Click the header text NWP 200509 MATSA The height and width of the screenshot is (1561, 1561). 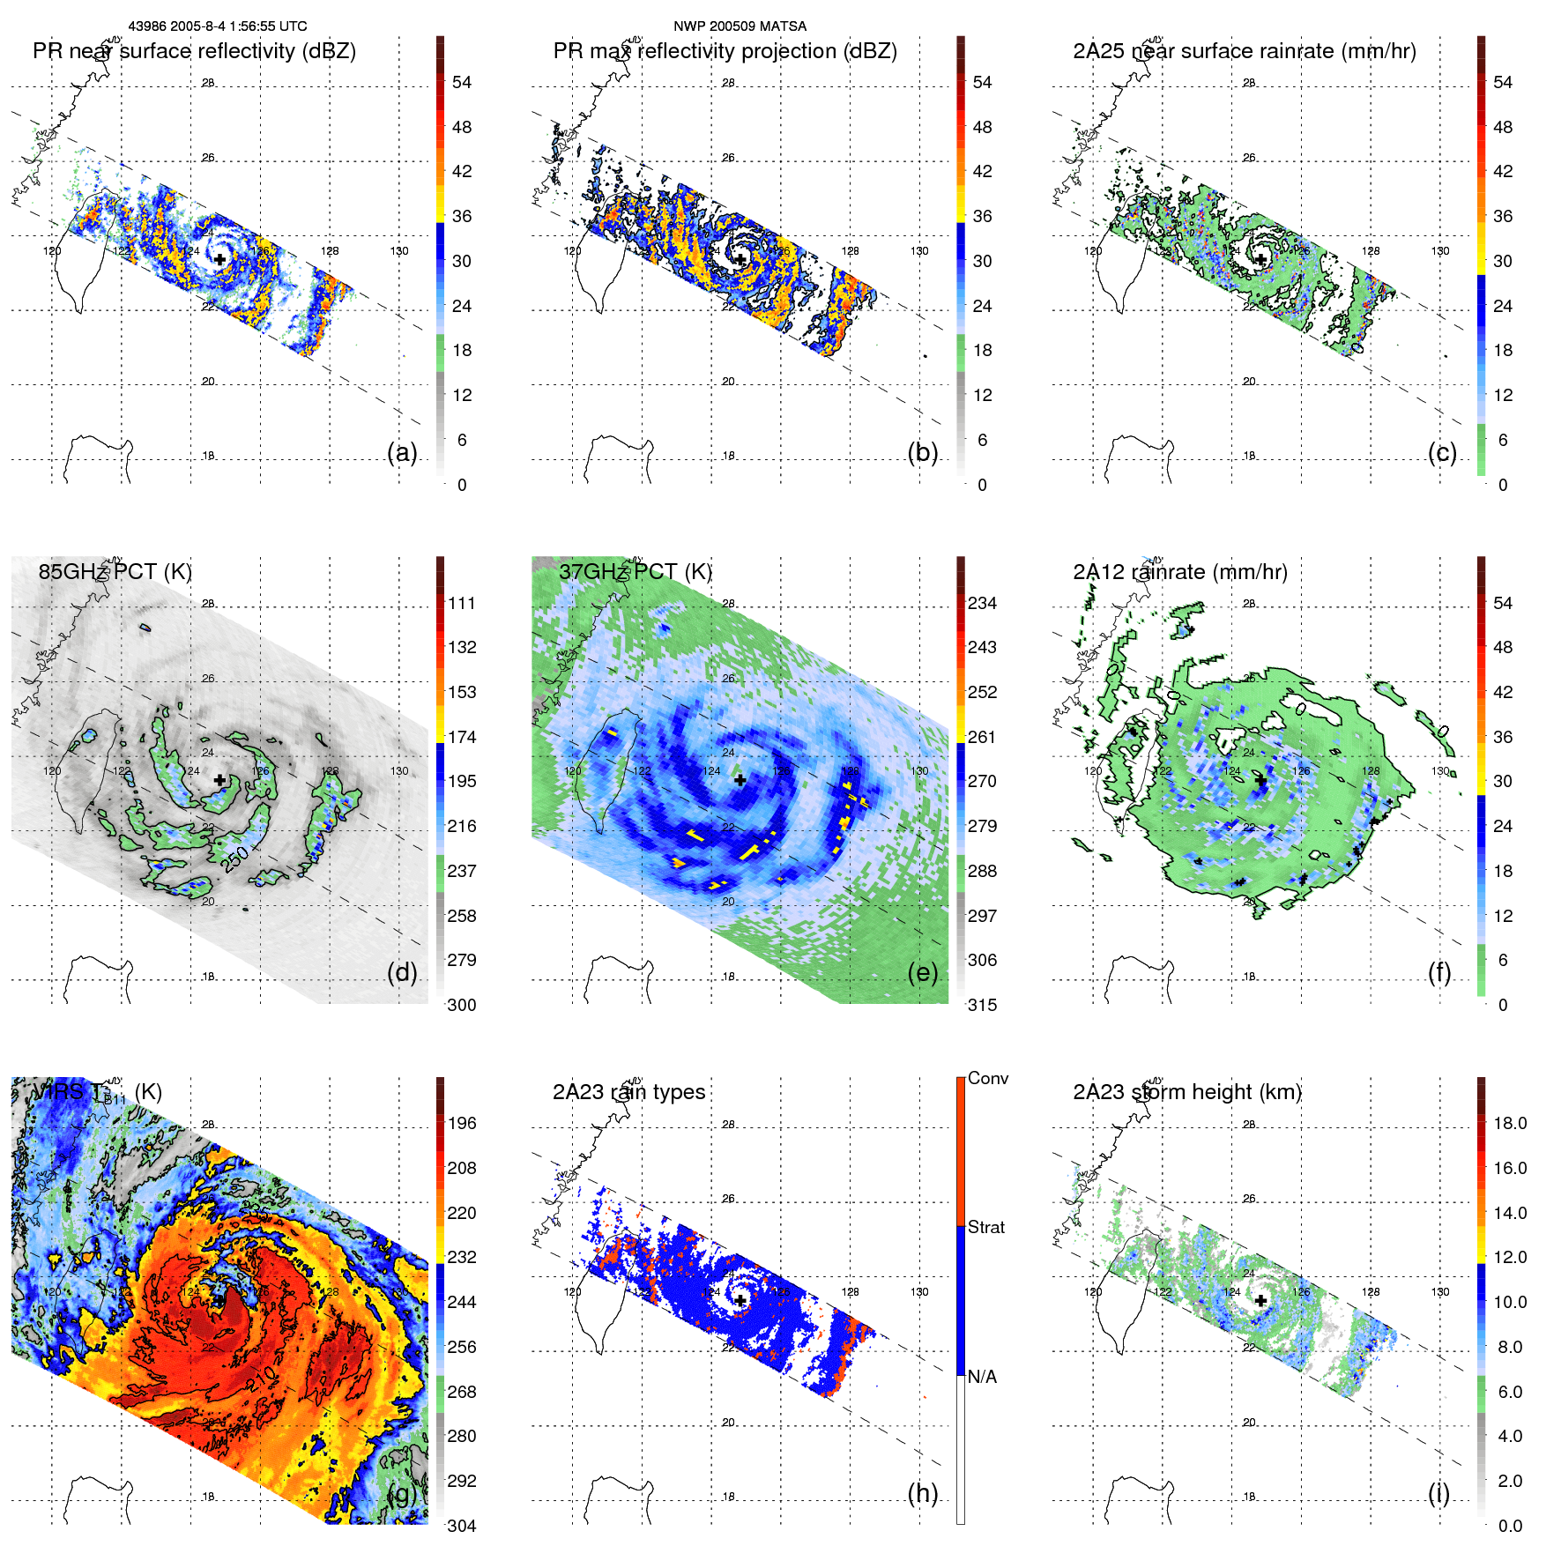pos(740,26)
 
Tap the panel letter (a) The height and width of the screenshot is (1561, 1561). pos(402,452)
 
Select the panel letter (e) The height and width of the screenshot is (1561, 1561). pos(922,972)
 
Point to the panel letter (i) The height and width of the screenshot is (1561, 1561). pos(1438,1493)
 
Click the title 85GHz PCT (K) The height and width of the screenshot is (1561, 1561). pos(115,571)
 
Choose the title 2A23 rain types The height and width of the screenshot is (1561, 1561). pos(628,1092)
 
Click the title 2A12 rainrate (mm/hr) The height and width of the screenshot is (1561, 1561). pos(1179,571)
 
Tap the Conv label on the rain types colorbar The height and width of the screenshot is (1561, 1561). pos(987,1078)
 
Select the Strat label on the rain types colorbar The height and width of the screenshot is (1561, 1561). pos(985,1227)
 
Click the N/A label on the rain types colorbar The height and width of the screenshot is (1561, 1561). pos(982,1377)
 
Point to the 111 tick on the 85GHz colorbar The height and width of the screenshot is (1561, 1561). pos(462,603)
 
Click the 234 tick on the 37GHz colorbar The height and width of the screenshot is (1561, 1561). pos(982,603)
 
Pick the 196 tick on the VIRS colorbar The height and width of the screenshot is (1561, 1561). pos(462,1123)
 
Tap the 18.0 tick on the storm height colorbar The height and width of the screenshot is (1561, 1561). pos(1509,1123)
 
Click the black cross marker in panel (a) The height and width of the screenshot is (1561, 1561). pos(219,259)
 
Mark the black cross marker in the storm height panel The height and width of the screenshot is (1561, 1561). pos(1260,1300)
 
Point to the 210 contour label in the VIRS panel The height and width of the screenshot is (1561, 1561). pos(262,1379)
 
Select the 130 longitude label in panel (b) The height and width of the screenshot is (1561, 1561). pos(919,251)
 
